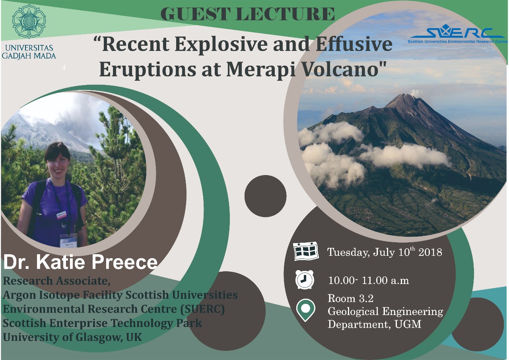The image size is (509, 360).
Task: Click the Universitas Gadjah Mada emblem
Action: click(x=29, y=21)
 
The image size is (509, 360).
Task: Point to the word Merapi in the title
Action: click(x=260, y=69)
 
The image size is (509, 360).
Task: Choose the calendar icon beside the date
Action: click(x=305, y=251)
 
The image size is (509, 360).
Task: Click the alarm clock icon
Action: click(x=305, y=279)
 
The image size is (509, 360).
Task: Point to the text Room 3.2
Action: click(x=350, y=298)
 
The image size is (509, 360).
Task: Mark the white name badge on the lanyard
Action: click(x=68, y=239)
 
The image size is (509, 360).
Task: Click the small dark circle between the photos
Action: click(x=265, y=196)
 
